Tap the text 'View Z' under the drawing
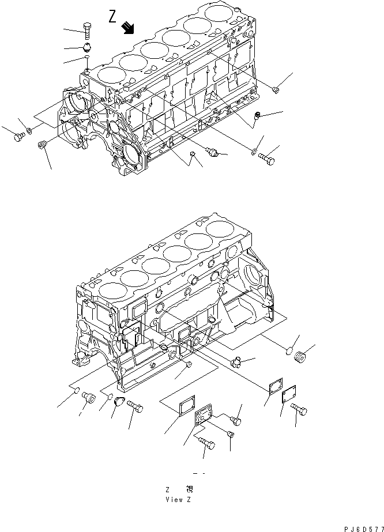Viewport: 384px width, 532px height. coord(177,499)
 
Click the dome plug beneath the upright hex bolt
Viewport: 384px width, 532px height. coord(88,47)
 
